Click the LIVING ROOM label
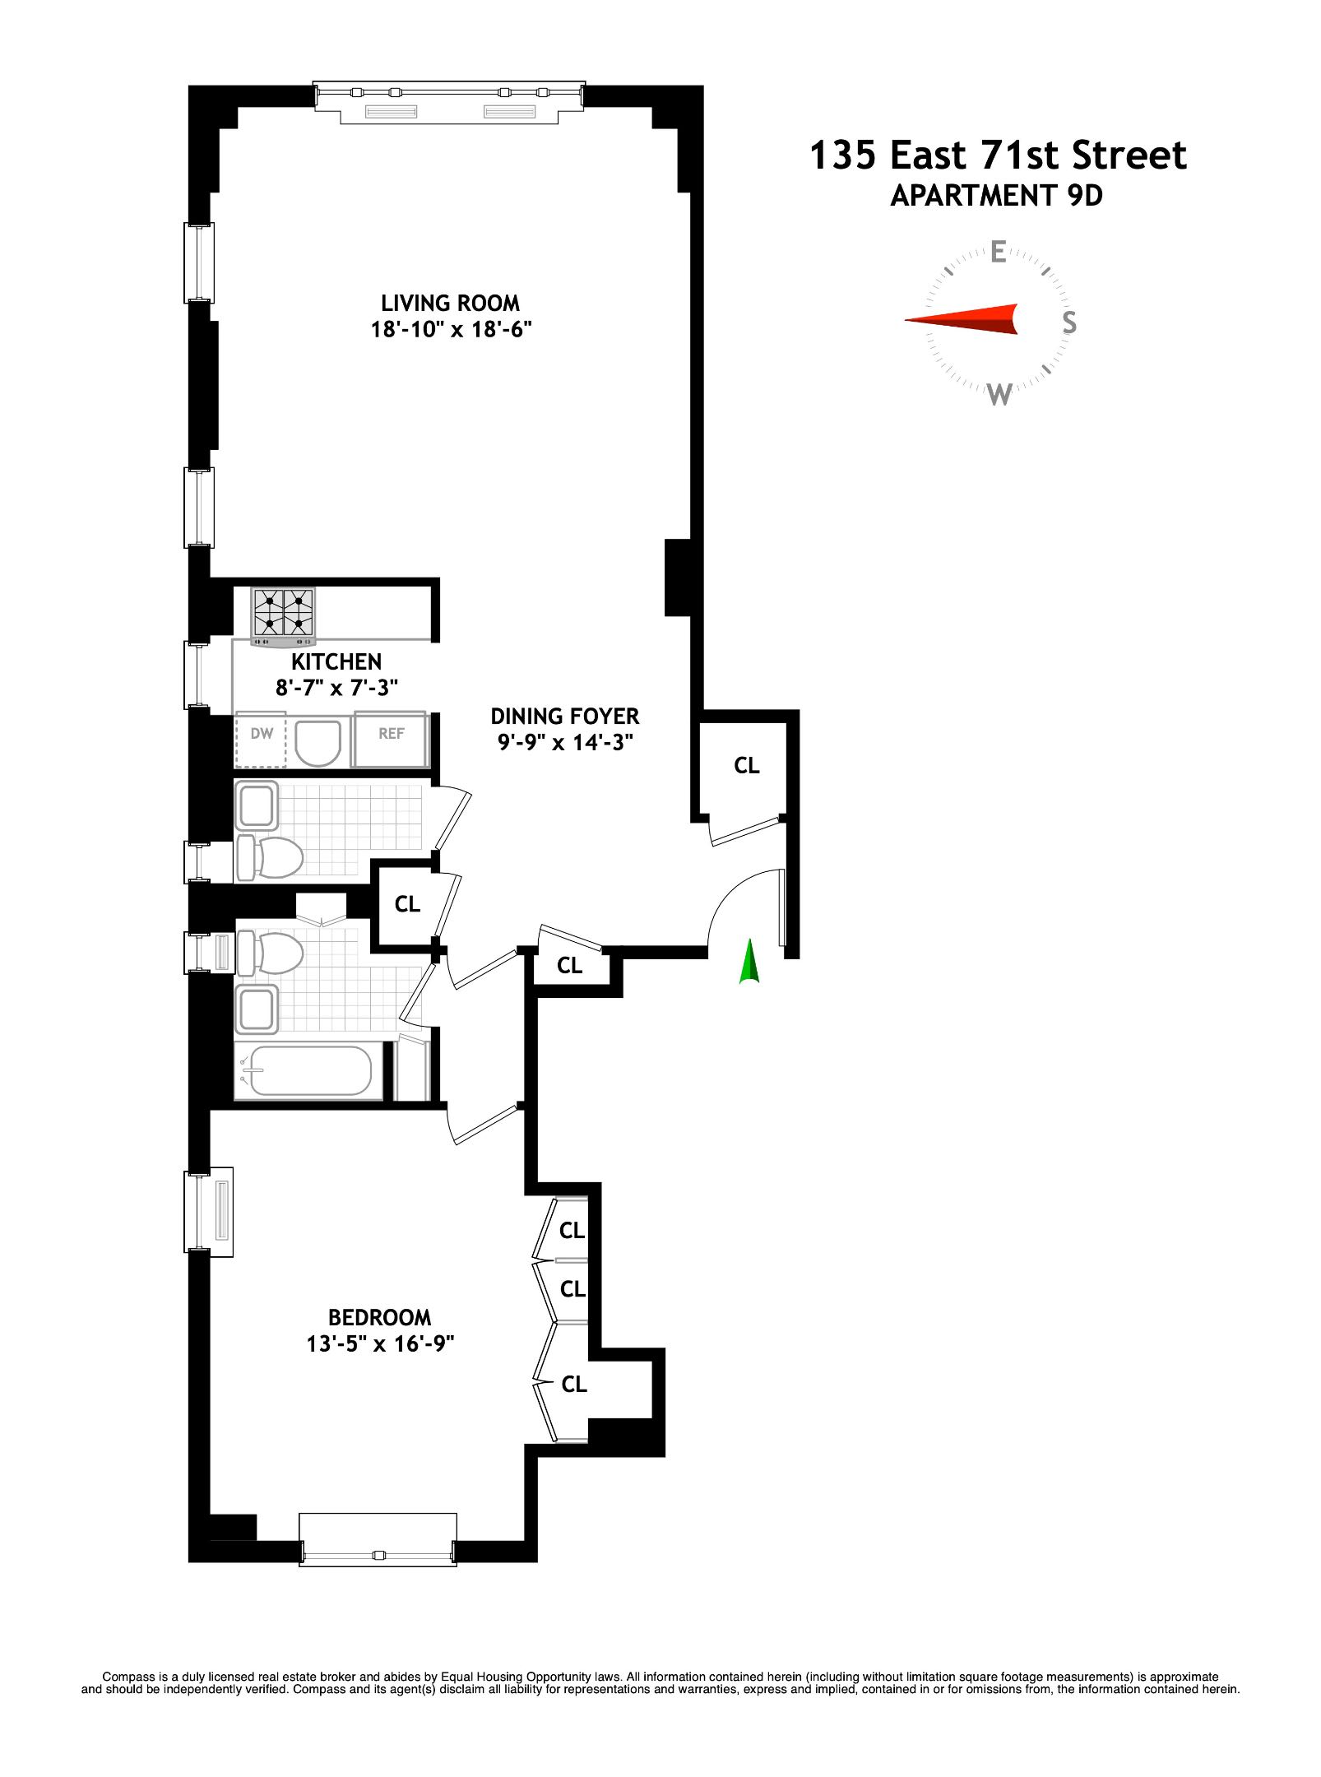click(x=450, y=304)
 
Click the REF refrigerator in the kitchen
click(x=391, y=738)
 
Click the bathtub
click(x=310, y=1070)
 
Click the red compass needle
click(x=962, y=319)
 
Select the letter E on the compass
click(x=998, y=252)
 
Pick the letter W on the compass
click(x=999, y=395)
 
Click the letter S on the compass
click(x=1068, y=322)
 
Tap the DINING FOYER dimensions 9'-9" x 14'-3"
click(x=565, y=743)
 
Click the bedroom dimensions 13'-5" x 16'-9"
click(x=380, y=1344)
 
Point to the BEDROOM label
click(x=379, y=1317)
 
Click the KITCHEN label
click(x=336, y=661)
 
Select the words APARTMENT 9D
click(x=996, y=196)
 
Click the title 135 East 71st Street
click(x=998, y=155)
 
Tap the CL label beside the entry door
click(x=746, y=766)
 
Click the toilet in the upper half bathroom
click(x=271, y=857)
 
